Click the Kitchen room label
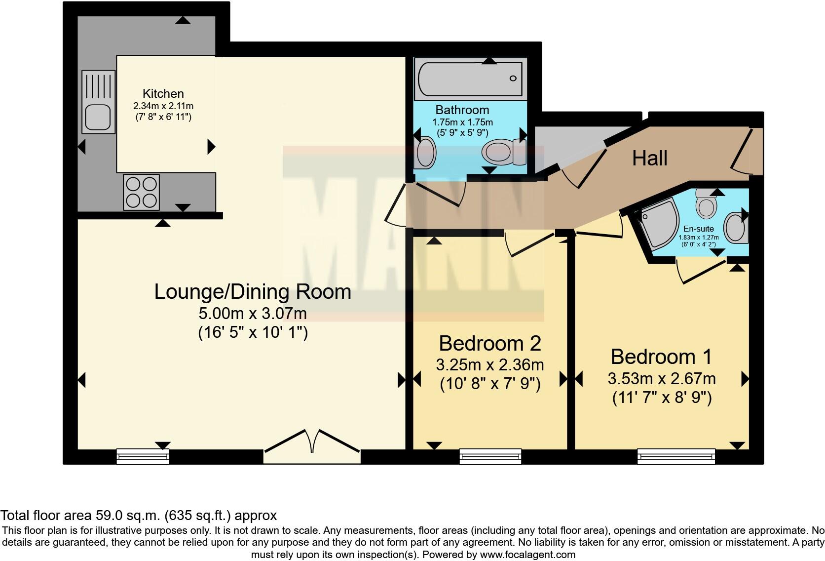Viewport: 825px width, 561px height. [163, 93]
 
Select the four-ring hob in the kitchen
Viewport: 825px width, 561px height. [141, 192]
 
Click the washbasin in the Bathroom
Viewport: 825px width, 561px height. [425, 152]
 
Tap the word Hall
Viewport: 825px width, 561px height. [649, 158]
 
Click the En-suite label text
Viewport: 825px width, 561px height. [698, 229]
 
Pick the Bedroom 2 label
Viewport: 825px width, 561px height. [489, 343]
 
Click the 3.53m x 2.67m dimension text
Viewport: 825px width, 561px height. [661, 379]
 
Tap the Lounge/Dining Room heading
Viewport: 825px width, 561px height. [253, 291]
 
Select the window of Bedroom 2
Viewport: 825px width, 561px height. [490, 456]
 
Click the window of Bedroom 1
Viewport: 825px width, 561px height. [676, 456]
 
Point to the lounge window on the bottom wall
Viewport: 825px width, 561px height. [143, 456]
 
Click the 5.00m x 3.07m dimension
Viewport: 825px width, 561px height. [253, 313]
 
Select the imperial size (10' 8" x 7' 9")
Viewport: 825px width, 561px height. [490, 384]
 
